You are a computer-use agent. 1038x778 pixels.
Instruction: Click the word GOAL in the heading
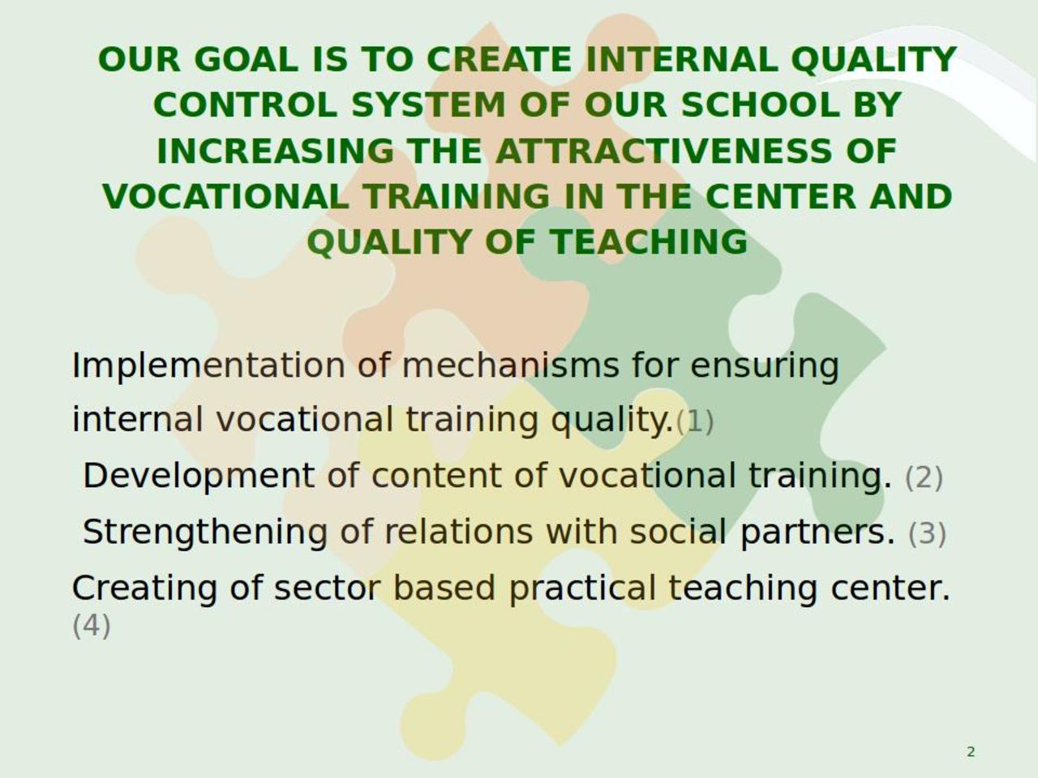(247, 59)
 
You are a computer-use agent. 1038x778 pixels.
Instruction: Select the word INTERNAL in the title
(682, 59)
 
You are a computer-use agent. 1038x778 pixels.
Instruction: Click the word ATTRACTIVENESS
(663, 152)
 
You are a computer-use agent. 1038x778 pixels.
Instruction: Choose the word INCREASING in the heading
(275, 152)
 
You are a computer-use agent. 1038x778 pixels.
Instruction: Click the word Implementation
(208, 366)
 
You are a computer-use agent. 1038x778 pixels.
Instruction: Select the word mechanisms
(511, 366)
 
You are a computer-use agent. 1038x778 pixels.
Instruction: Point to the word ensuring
(765, 367)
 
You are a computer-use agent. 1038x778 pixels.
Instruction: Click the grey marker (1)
(695, 422)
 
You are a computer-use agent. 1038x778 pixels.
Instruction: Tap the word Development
(199, 477)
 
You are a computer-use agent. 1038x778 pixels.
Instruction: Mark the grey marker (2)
(924, 477)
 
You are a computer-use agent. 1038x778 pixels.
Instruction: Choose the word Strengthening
(205, 532)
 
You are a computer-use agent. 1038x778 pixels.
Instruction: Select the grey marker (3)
(927, 534)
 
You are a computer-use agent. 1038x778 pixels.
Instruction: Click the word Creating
(144, 588)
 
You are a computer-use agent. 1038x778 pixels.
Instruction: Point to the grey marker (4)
(92, 626)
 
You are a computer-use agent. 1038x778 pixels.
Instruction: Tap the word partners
(817, 532)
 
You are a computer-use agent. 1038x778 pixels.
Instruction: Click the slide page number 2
(971, 751)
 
